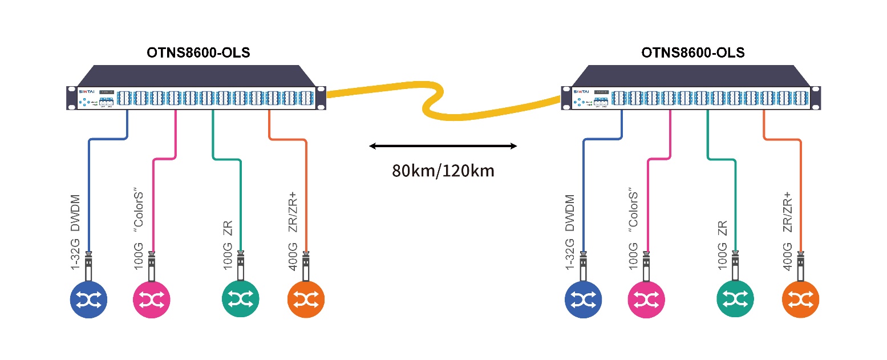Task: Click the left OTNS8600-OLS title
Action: tap(198, 53)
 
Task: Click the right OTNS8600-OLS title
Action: tap(692, 53)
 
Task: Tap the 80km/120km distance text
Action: tap(443, 171)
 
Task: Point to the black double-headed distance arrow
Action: tap(443, 147)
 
